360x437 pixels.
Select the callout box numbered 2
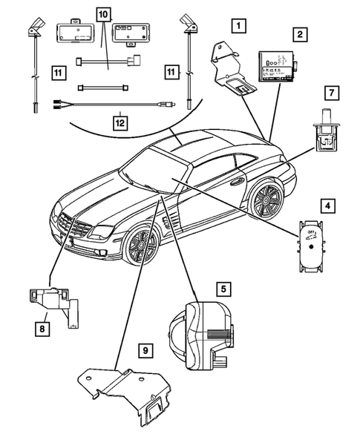click(299, 34)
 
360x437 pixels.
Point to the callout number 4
click(327, 203)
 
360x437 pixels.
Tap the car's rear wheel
click(266, 202)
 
